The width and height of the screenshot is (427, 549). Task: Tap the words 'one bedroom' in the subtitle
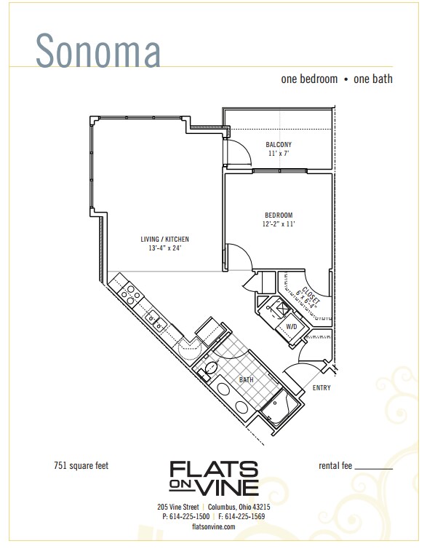309,79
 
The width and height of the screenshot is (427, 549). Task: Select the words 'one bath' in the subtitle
372,79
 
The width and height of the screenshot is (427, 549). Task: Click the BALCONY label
278,144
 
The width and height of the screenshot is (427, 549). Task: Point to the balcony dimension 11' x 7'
278,154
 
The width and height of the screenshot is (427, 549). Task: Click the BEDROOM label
278,215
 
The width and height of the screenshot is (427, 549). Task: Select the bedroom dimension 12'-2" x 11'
278,224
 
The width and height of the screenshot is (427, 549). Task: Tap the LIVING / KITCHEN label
165,239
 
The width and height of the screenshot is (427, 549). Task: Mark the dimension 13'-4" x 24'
165,248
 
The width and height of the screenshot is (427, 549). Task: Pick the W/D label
291,327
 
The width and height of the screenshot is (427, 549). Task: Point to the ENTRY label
322,388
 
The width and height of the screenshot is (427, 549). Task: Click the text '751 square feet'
81,465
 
